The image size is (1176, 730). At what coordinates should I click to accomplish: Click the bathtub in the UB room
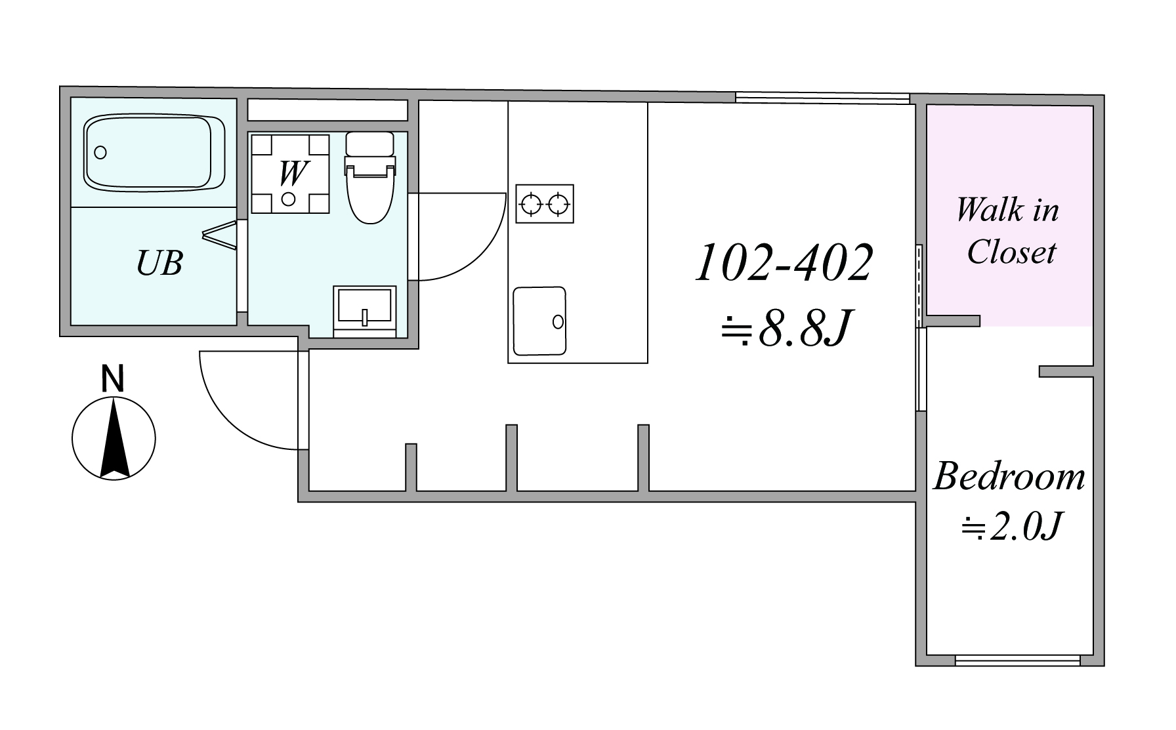coord(155,153)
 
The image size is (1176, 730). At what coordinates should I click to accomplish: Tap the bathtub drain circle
coord(100,153)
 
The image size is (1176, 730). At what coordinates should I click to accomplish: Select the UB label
coord(159,262)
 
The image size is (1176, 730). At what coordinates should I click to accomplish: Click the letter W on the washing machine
coord(292,173)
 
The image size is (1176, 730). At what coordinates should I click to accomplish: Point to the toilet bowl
coord(371,194)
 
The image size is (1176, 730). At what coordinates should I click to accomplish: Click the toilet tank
coord(371,144)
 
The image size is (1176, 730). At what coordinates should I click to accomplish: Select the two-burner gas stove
coord(545,204)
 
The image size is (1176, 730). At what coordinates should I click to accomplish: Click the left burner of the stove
coord(531,204)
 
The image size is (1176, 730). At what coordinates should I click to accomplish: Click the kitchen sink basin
coord(539,321)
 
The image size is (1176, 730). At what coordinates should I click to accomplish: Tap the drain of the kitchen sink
coord(558,321)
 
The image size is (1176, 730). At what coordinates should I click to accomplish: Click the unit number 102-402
coord(784,263)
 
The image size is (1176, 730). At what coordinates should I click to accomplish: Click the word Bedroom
coord(1009,477)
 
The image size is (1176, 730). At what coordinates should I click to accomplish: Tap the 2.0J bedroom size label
coord(1011,527)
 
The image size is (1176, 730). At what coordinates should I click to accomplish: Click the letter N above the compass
coord(113,379)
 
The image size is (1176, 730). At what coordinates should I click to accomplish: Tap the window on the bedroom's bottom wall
coord(1017,660)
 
